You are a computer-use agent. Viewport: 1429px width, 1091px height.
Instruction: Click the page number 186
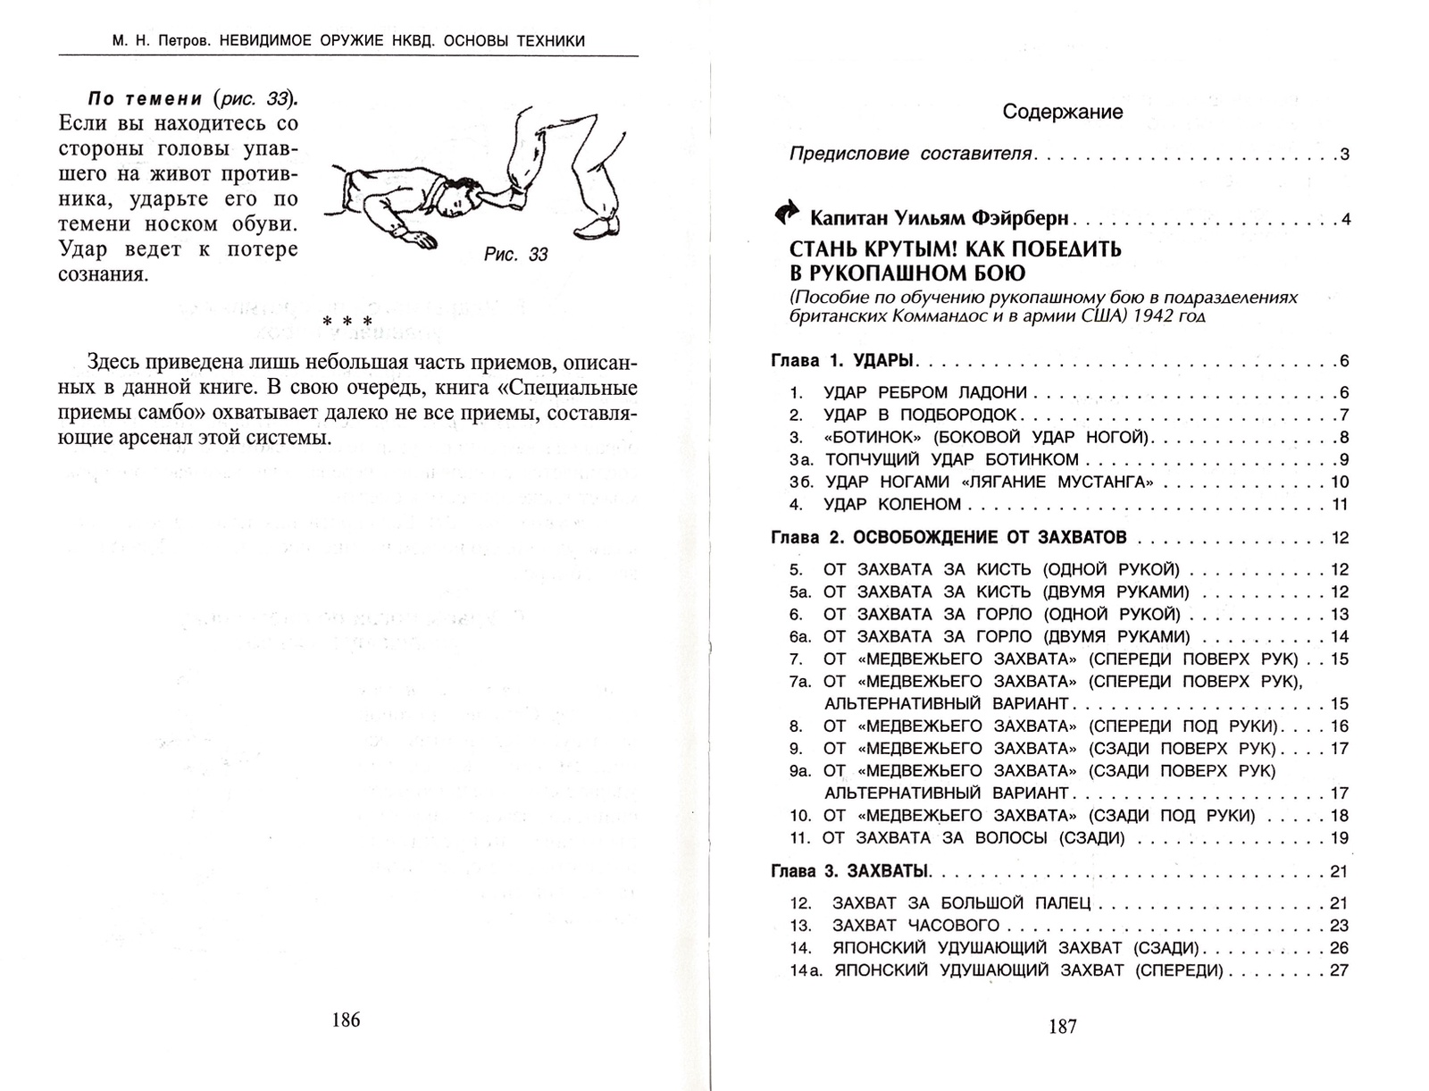346,1020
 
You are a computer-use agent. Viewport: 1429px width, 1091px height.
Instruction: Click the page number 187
1062,1027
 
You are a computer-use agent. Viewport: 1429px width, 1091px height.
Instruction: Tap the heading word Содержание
1062,112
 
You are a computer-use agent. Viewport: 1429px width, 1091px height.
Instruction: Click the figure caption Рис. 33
515,255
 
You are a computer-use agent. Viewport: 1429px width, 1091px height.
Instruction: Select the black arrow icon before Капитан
787,214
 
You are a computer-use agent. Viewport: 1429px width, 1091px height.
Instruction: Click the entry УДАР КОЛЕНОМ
892,504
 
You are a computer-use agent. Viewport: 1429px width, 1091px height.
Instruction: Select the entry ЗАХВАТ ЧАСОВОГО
915,926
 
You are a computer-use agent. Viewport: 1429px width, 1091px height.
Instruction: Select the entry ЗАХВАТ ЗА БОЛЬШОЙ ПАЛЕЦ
961,903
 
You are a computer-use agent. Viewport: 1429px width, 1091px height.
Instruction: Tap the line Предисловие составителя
911,154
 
